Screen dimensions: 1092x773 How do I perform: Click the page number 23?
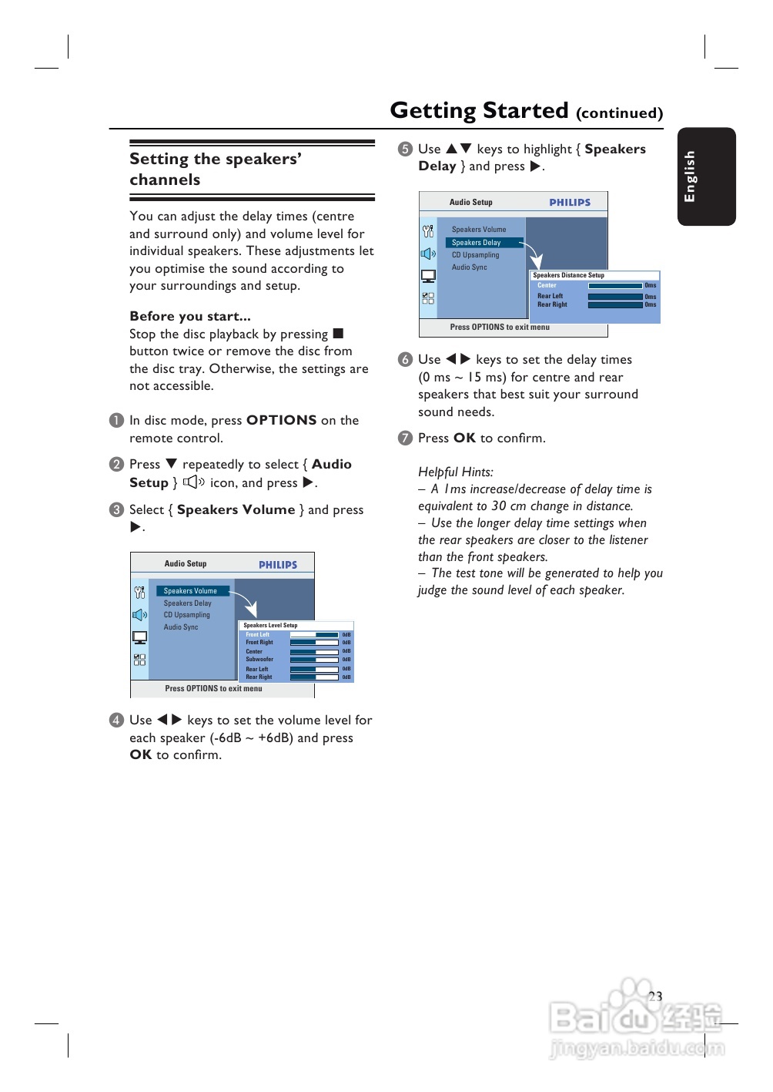[655, 996]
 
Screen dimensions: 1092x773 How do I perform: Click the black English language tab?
[706, 176]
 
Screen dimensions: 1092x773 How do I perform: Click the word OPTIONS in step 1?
[281, 420]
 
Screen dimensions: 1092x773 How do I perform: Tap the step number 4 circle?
[116, 720]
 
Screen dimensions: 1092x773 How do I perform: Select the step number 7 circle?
[405, 438]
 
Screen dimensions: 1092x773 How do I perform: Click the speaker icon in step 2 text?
[193, 482]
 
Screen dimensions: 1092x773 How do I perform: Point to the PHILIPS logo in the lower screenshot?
[278, 565]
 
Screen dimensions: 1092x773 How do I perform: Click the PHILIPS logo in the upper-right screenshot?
[570, 203]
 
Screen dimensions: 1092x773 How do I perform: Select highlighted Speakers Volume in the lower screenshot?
[190, 591]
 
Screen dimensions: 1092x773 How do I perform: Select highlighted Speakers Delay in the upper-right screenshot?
[477, 243]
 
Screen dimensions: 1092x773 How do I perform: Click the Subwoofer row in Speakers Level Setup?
[259, 660]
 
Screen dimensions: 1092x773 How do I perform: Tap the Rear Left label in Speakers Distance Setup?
[550, 296]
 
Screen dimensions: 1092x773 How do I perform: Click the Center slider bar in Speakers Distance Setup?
[614, 286]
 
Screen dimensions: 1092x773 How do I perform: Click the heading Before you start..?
[189, 316]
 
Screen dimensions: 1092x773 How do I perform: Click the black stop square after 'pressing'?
[338, 334]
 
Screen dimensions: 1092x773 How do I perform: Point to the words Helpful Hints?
[455, 472]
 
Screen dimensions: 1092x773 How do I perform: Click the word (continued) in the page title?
[619, 113]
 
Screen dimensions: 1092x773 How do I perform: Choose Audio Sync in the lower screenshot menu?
[180, 627]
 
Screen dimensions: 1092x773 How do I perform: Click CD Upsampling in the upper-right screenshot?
[475, 255]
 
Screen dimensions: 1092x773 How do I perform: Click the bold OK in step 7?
[464, 438]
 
